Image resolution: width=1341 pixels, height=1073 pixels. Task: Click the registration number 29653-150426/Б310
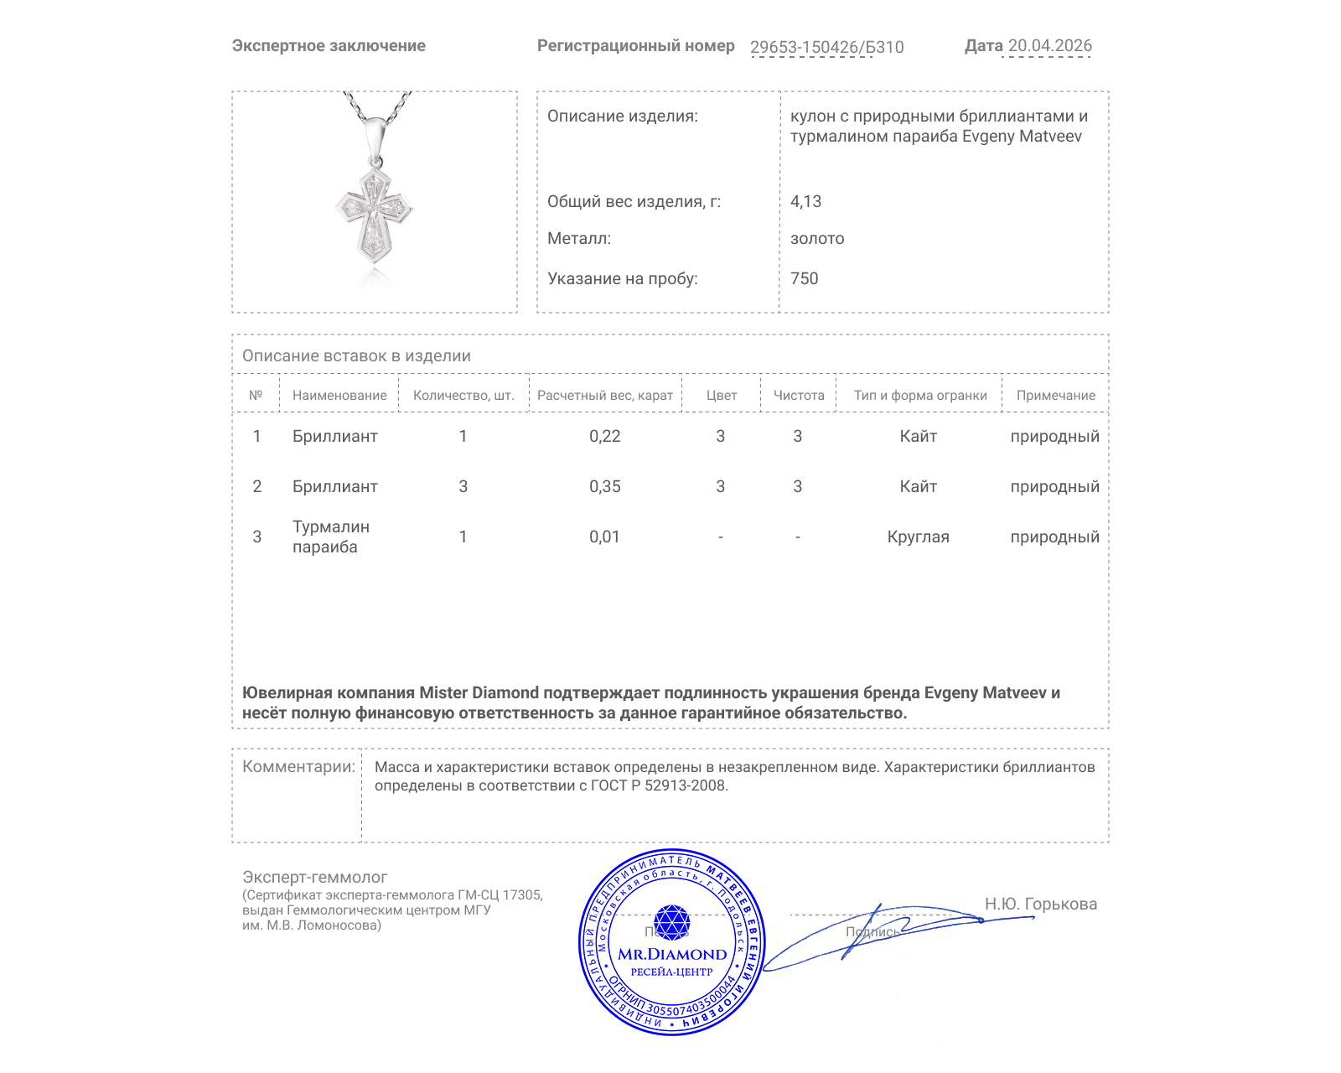826,47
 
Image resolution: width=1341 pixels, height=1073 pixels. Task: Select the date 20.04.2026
1049,46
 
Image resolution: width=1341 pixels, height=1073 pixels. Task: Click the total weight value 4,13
805,202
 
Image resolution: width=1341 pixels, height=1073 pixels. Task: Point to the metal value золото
817,239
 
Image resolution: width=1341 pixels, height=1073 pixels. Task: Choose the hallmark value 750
804,279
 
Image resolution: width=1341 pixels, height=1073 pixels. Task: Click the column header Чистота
799,396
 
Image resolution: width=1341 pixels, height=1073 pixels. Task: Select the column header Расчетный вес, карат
605,396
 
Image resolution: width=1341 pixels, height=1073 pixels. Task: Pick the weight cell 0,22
605,437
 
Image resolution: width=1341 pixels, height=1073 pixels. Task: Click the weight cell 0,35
605,487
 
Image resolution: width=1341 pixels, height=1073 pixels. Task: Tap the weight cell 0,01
605,537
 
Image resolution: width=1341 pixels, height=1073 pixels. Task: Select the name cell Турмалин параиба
330,537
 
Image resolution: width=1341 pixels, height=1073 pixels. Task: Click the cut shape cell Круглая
918,537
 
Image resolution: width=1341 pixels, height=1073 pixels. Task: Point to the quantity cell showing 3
463,487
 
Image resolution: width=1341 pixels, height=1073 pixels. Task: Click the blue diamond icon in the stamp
671,922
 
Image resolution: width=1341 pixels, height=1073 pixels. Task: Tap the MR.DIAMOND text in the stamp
672,955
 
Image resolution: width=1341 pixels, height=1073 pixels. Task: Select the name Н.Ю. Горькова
1040,905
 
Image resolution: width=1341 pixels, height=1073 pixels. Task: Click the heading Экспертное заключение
329,46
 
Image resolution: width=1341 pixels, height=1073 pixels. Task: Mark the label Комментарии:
298,767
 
